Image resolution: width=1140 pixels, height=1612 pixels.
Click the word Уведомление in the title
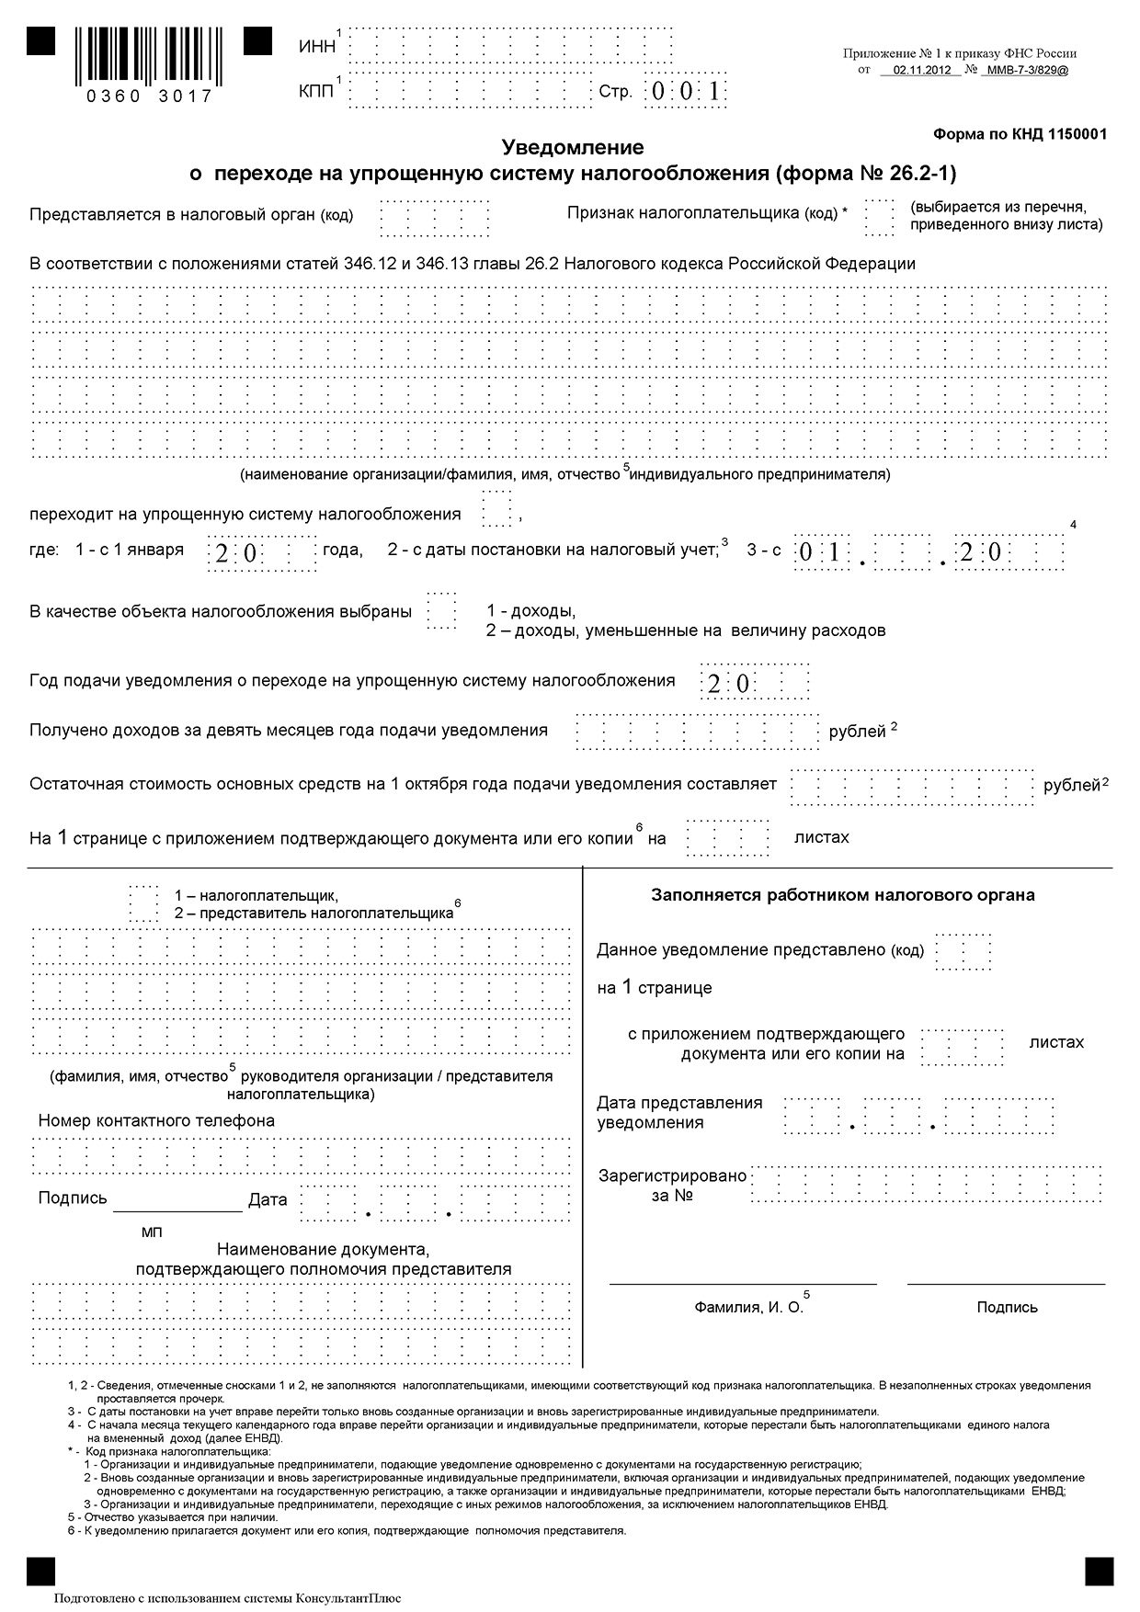[x=572, y=147]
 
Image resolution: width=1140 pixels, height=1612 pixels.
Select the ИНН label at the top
[x=317, y=47]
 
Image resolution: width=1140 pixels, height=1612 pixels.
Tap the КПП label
[x=316, y=91]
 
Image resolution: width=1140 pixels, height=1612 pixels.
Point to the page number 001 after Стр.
[x=685, y=91]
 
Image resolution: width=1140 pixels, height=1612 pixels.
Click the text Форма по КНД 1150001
[x=1020, y=134]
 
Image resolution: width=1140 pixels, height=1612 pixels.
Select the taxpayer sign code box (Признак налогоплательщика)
[x=878, y=216]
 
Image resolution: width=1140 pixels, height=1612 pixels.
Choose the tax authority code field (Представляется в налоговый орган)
[x=434, y=217]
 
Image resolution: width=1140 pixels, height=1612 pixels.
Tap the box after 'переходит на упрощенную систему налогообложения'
[x=497, y=509]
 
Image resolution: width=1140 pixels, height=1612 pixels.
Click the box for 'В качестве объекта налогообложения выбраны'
[x=441, y=610]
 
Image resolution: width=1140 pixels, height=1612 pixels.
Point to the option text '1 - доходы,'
[x=530, y=611]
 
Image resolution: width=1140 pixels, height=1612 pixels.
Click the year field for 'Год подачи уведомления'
[x=755, y=682]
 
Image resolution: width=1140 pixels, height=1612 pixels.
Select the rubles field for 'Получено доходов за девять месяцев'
[x=697, y=732]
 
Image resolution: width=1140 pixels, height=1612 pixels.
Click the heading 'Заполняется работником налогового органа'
[x=843, y=895]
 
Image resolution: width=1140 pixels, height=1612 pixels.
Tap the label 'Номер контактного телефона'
[x=156, y=1121]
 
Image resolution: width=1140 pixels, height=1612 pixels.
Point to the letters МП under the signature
[x=152, y=1232]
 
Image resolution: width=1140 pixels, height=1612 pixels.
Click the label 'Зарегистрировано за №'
[x=672, y=1186]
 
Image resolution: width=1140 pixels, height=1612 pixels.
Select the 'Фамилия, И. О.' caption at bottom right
[x=748, y=1307]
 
